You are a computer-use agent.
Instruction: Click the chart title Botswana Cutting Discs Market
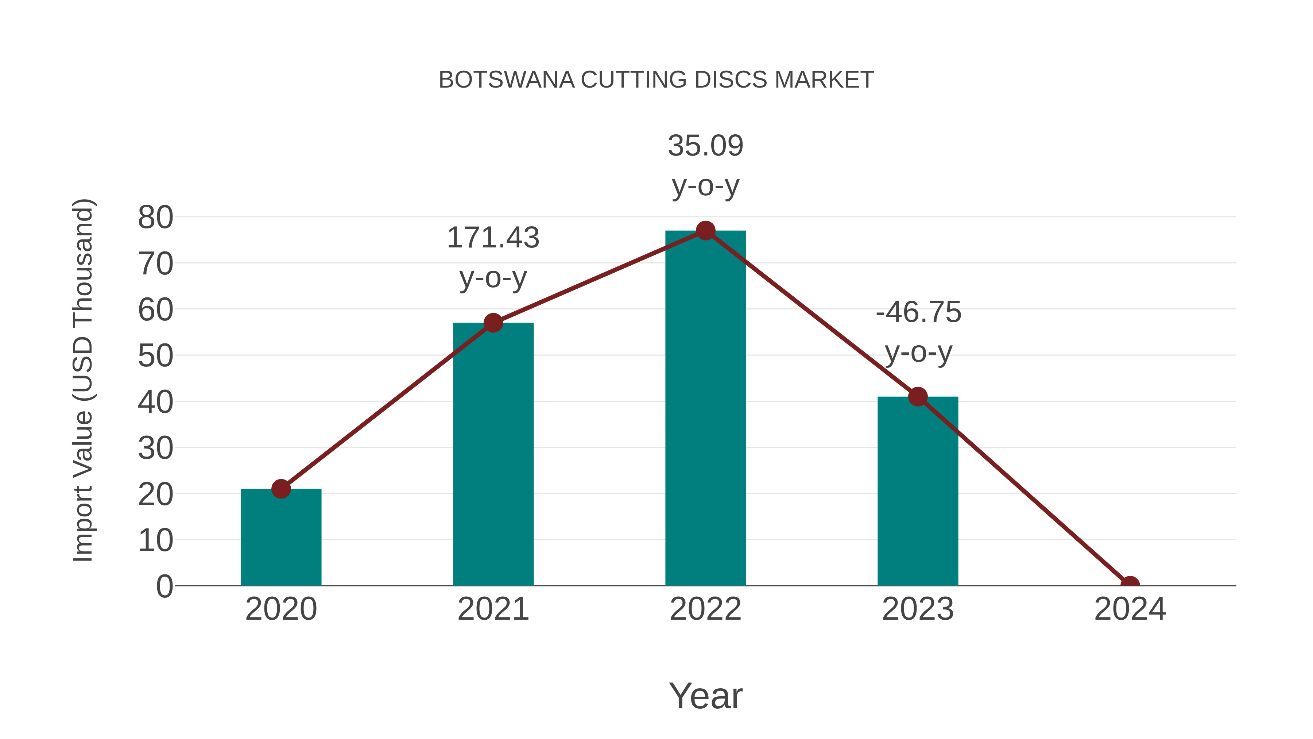pyautogui.click(x=656, y=80)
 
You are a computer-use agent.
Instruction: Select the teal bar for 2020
pyautogui.click(x=281, y=540)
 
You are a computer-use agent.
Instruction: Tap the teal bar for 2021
pyautogui.click(x=493, y=459)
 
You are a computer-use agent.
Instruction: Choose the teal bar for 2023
pyautogui.click(x=918, y=495)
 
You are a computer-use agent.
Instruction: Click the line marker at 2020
pyautogui.click(x=281, y=489)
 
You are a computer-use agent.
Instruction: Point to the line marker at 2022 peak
pyautogui.click(x=705, y=231)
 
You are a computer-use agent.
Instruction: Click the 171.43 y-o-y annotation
pyautogui.click(x=493, y=258)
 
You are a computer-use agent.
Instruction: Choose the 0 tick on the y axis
pyautogui.click(x=164, y=586)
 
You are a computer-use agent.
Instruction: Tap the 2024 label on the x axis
pyautogui.click(x=1130, y=609)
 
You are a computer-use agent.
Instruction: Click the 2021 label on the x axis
pyautogui.click(x=493, y=609)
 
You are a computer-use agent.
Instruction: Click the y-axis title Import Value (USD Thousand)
pyautogui.click(x=82, y=380)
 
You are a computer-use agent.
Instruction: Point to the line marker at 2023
pyautogui.click(x=918, y=396)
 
